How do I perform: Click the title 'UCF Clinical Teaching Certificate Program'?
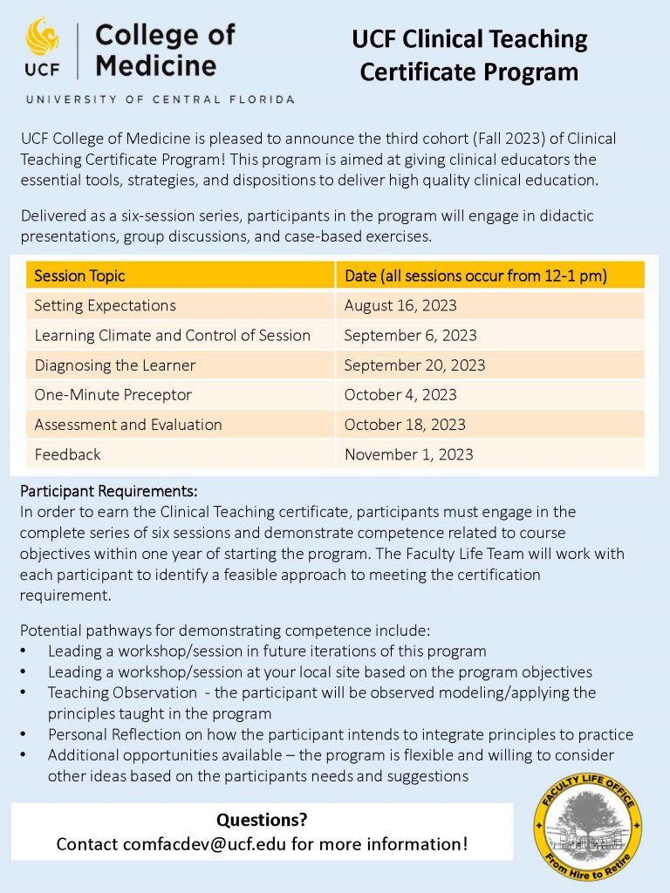(469, 55)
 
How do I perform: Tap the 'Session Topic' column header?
(79, 276)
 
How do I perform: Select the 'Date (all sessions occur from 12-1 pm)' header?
(475, 276)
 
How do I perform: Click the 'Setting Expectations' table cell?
(105, 305)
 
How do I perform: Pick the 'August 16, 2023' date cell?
(400, 305)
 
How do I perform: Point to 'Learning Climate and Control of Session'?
(172, 335)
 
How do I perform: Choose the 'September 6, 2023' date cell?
(410, 335)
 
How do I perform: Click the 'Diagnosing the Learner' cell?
(114, 365)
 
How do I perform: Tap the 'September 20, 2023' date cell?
(414, 365)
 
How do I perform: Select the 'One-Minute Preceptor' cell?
(113, 394)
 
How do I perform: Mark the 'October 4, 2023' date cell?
(400, 394)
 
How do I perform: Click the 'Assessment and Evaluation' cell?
(128, 425)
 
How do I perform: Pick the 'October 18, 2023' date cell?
(405, 425)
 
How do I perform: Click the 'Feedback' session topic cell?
(67, 454)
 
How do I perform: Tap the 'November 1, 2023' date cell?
(408, 454)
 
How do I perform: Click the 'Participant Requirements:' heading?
(109, 490)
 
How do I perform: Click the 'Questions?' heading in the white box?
(262, 820)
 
